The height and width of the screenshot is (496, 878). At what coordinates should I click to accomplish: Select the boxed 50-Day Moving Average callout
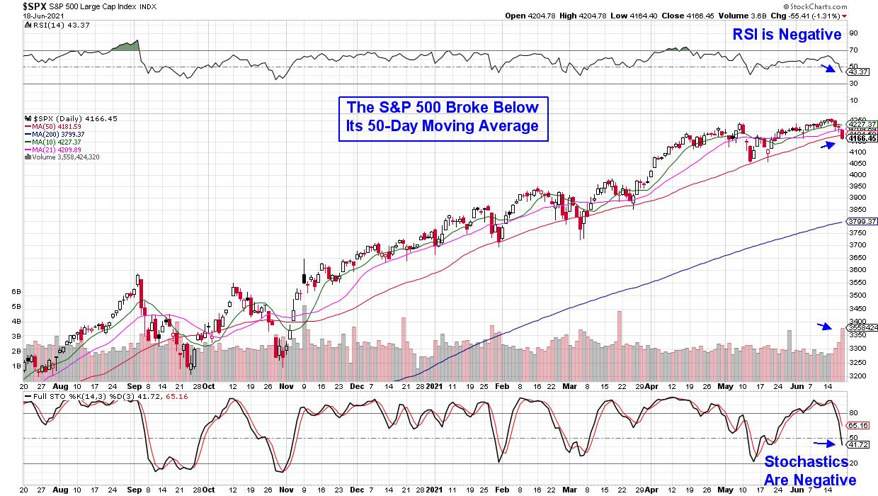(443, 117)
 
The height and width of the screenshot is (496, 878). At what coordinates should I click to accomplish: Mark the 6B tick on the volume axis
(15, 291)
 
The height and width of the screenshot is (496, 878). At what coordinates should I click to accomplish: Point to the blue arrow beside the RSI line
(826, 68)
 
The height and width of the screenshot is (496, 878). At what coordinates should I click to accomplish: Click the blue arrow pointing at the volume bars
(823, 326)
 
